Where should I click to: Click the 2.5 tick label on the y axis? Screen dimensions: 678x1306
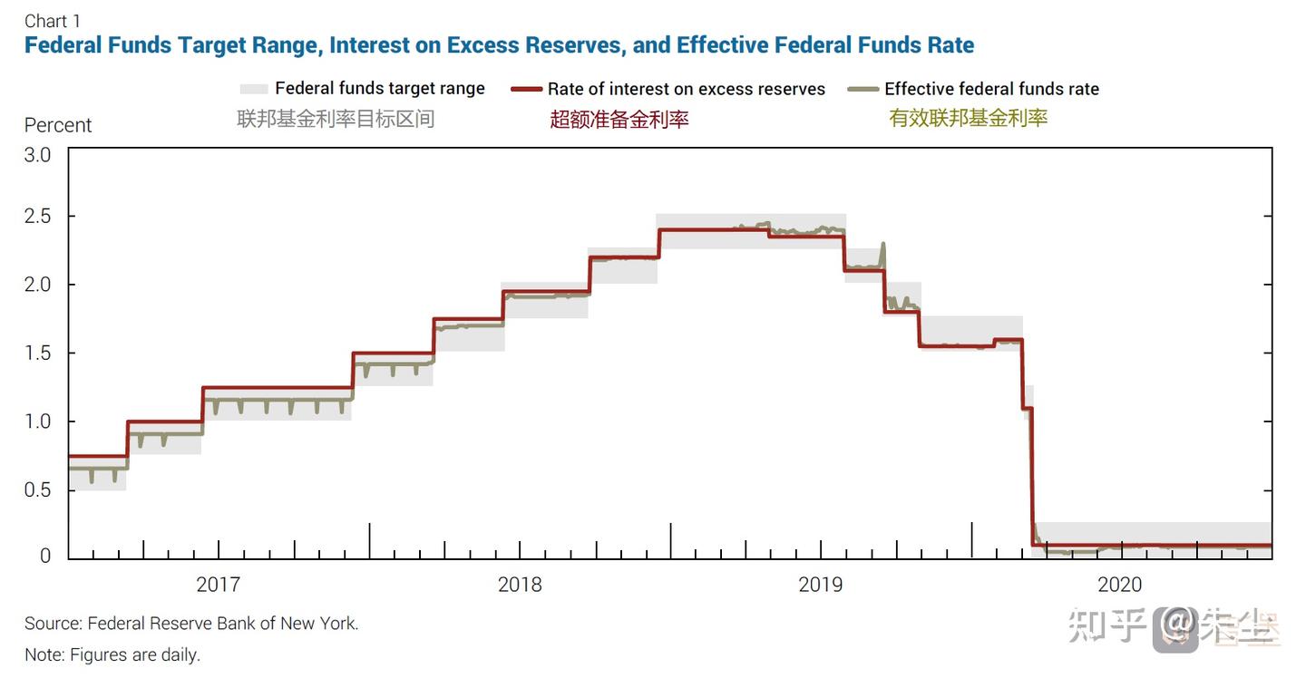pyautogui.click(x=37, y=217)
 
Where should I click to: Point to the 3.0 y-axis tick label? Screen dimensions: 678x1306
pyautogui.click(x=37, y=155)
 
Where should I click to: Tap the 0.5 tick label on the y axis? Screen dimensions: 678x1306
pyautogui.click(x=37, y=490)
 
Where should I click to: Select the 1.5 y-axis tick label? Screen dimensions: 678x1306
pyautogui.click(x=37, y=353)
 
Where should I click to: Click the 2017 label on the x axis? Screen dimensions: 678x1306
pyautogui.click(x=219, y=585)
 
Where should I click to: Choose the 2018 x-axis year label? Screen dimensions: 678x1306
pyautogui.click(x=520, y=585)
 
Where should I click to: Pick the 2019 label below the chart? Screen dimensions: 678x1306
pyautogui.click(x=821, y=585)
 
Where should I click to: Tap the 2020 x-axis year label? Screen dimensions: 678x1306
pyautogui.click(x=1120, y=585)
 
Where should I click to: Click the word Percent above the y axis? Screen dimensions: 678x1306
pyautogui.click(x=58, y=125)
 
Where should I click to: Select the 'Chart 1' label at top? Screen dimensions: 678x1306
pyautogui.click(x=53, y=21)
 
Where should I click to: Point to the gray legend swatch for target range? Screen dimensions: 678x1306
pyautogui.click(x=254, y=89)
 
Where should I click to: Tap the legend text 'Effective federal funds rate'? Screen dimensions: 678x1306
pyautogui.click(x=991, y=89)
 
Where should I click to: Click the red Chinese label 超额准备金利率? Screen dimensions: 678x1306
pyautogui.click(x=619, y=119)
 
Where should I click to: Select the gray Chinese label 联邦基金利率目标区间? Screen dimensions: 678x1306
pyautogui.click(x=336, y=118)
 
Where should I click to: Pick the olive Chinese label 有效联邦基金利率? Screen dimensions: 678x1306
pyautogui.click(x=968, y=118)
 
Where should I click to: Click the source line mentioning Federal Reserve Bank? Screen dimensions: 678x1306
pyautogui.click(x=191, y=624)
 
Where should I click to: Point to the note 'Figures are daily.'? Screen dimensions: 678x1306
pyautogui.click(x=112, y=654)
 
